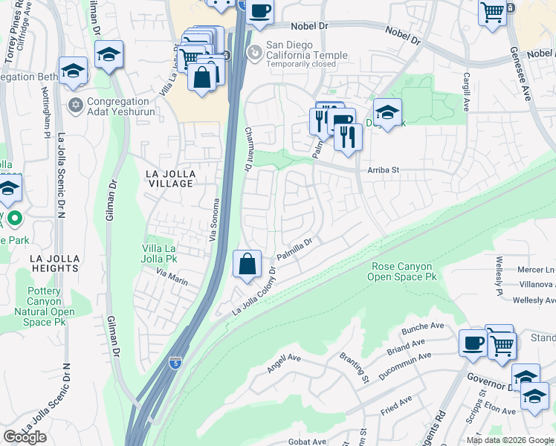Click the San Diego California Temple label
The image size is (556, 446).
point(308,50)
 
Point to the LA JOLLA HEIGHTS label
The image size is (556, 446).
point(55,262)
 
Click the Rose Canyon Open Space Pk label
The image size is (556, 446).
point(402,271)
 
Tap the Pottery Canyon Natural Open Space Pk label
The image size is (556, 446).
point(44,307)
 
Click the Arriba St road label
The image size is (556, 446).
point(384,170)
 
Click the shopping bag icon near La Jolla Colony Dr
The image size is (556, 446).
point(247,264)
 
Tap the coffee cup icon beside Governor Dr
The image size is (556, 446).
point(473,343)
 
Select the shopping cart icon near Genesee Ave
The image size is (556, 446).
point(492,12)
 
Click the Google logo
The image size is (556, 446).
point(25,437)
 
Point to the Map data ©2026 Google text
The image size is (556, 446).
point(509,439)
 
